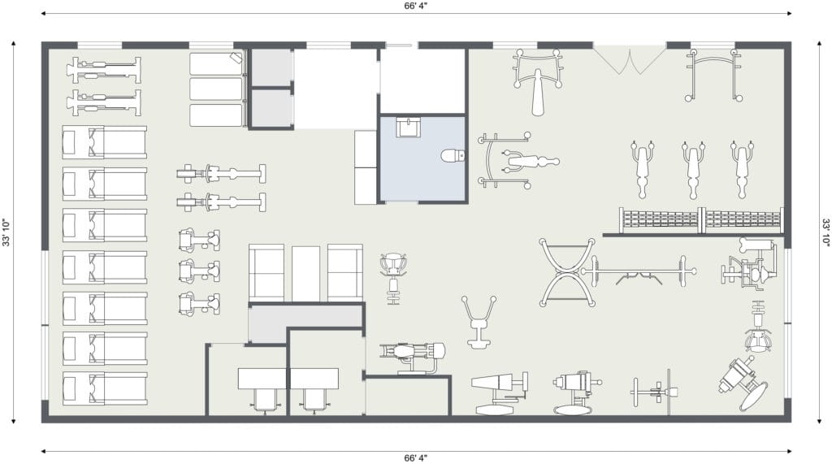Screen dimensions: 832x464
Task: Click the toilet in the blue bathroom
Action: point(453,155)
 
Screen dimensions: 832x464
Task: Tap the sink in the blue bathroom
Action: point(408,128)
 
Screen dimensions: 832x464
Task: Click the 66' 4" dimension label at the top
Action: point(415,6)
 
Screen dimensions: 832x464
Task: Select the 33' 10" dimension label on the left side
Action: point(6,232)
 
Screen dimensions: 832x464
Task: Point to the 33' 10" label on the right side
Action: point(825,232)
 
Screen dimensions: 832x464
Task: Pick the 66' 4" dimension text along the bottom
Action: point(415,457)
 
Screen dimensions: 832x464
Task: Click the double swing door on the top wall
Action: point(630,59)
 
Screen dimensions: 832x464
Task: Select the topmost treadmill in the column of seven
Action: point(105,141)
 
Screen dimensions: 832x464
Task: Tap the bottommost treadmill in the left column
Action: point(105,388)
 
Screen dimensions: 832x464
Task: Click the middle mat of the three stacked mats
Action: point(216,89)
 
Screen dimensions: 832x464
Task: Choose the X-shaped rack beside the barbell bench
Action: point(567,272)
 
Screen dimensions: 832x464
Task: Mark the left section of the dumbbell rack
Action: point(660,220)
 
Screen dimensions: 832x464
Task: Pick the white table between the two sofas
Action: point(306,273)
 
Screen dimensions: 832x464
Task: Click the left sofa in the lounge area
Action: point(266,273)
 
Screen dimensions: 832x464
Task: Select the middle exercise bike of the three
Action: point(200,271)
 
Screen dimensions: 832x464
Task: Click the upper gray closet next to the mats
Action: point(271,67)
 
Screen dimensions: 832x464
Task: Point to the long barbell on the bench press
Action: point(639,271)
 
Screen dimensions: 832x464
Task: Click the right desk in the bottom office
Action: point(314,379)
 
